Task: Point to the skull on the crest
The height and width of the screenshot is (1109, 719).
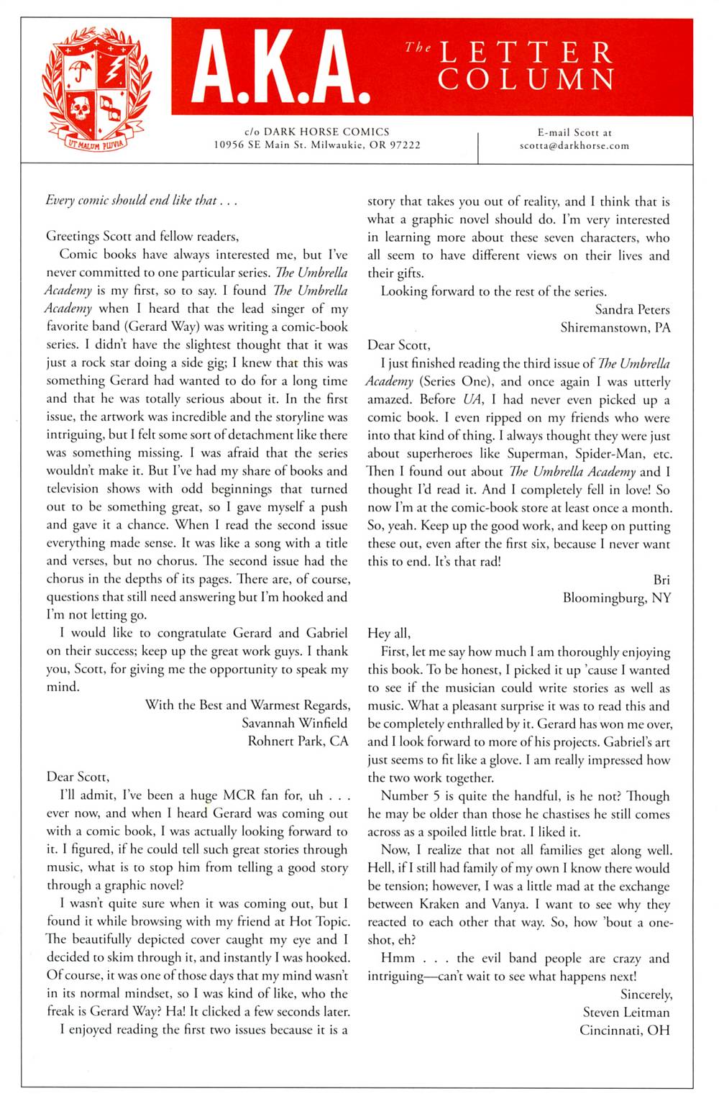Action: coord(78,109)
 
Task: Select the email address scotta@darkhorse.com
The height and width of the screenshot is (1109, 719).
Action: coord(574,145)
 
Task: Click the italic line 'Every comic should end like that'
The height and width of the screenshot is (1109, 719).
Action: coord(141,201)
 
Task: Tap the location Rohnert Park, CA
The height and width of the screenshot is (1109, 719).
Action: coord(298,741)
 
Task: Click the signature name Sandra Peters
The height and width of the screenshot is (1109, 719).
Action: coord(632,309)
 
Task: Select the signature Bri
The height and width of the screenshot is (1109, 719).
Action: coord(661,580)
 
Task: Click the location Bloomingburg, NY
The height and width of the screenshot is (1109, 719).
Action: coord(616,598)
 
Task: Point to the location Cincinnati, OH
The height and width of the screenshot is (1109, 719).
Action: coord(624,1030)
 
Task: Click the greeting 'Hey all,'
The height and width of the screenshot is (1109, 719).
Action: coord(389,633)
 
